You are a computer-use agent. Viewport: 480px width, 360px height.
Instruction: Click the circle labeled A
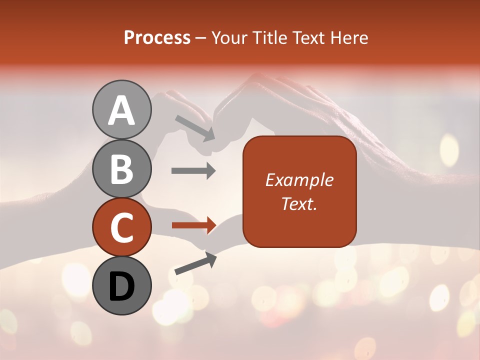121,109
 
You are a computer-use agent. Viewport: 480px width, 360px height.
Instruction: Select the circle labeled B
121,168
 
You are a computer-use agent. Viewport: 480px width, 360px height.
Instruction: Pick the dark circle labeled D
121,285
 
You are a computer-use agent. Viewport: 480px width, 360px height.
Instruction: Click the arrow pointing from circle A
195,127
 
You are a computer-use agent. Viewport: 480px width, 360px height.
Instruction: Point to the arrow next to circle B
193,171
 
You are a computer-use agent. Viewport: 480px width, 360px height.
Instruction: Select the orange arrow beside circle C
193,225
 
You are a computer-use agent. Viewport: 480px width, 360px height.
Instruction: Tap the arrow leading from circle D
195,263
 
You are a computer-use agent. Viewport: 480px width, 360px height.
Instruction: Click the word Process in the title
157,37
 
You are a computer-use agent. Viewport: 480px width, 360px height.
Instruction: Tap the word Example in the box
299,180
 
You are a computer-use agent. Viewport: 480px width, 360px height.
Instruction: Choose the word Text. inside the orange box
299,203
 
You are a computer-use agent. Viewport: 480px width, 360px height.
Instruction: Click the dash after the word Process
201,38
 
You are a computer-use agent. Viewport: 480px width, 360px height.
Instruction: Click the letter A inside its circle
121,110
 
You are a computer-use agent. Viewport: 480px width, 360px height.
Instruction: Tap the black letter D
121,286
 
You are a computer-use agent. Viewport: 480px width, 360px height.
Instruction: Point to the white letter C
121,227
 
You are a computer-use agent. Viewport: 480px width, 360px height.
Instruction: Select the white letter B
121,169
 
